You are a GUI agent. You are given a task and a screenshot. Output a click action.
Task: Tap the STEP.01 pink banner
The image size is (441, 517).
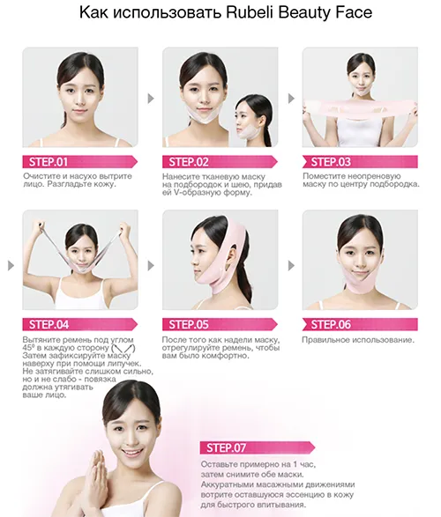click(x=80, y=162)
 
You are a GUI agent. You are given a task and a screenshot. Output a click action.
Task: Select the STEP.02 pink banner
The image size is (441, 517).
click(x=220, y=162)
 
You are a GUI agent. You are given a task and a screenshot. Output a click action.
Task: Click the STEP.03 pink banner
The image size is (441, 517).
click(x=360, y=162)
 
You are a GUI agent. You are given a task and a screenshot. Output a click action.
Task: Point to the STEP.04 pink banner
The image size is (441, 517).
click(x=80, y=324)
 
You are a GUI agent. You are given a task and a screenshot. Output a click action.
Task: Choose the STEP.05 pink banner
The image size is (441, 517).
click(x=220, y=324)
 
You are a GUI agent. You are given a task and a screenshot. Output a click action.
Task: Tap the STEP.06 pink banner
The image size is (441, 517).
click(x=360, y=324)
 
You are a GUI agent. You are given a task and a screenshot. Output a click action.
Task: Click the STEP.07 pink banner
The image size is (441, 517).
click(x=258, y=447)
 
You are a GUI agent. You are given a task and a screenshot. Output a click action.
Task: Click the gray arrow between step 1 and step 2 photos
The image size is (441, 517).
click(x=151, y=99)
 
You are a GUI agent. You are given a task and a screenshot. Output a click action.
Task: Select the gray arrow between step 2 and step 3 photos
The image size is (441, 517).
click(x=291, y=99)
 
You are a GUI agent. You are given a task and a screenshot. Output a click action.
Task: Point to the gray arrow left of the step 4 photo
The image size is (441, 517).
click(x=11, y=265)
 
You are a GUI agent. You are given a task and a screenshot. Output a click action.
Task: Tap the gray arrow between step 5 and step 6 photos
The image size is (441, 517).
click(x=291, y=265)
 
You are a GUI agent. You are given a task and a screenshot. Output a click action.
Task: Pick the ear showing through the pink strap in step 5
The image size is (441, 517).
click(x=232, y=257)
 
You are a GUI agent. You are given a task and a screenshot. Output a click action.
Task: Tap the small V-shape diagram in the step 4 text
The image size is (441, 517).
click(x=123, y=348)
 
